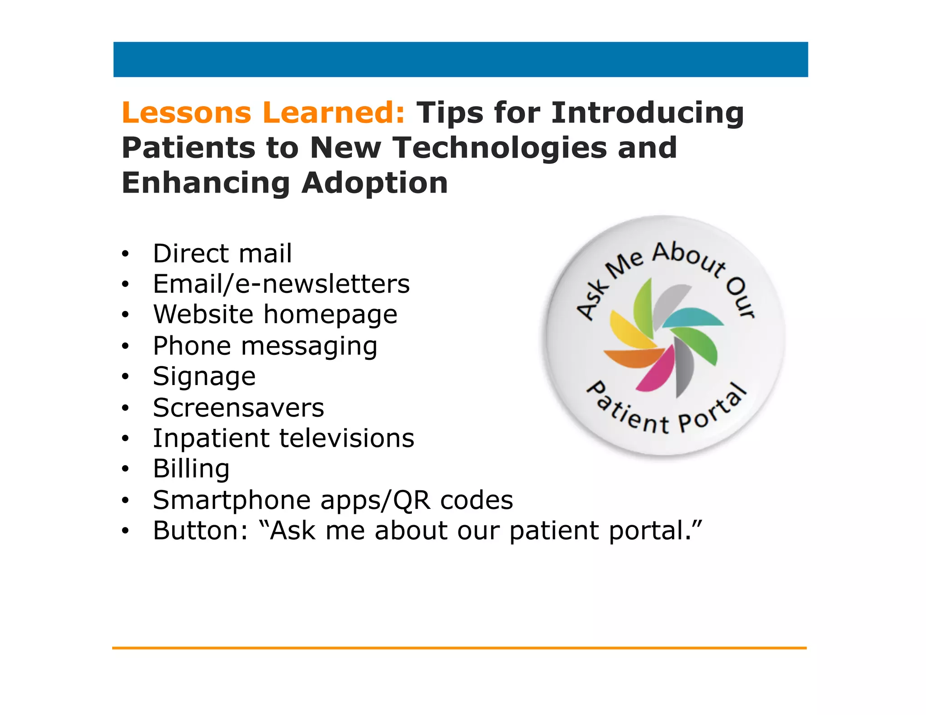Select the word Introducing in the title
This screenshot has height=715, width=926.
[647, 113]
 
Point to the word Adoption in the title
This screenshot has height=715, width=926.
[375, 183]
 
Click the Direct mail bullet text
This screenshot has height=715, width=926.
[222, 253]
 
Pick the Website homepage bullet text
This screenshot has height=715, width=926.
[275, 315]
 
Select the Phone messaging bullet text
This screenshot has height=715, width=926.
[265, 346]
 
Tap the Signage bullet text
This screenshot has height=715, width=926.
[204, 377]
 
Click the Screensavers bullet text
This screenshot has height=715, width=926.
[238, 408]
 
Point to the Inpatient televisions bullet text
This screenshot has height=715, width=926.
[283, 438]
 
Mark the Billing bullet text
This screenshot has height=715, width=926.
[191, 469]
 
